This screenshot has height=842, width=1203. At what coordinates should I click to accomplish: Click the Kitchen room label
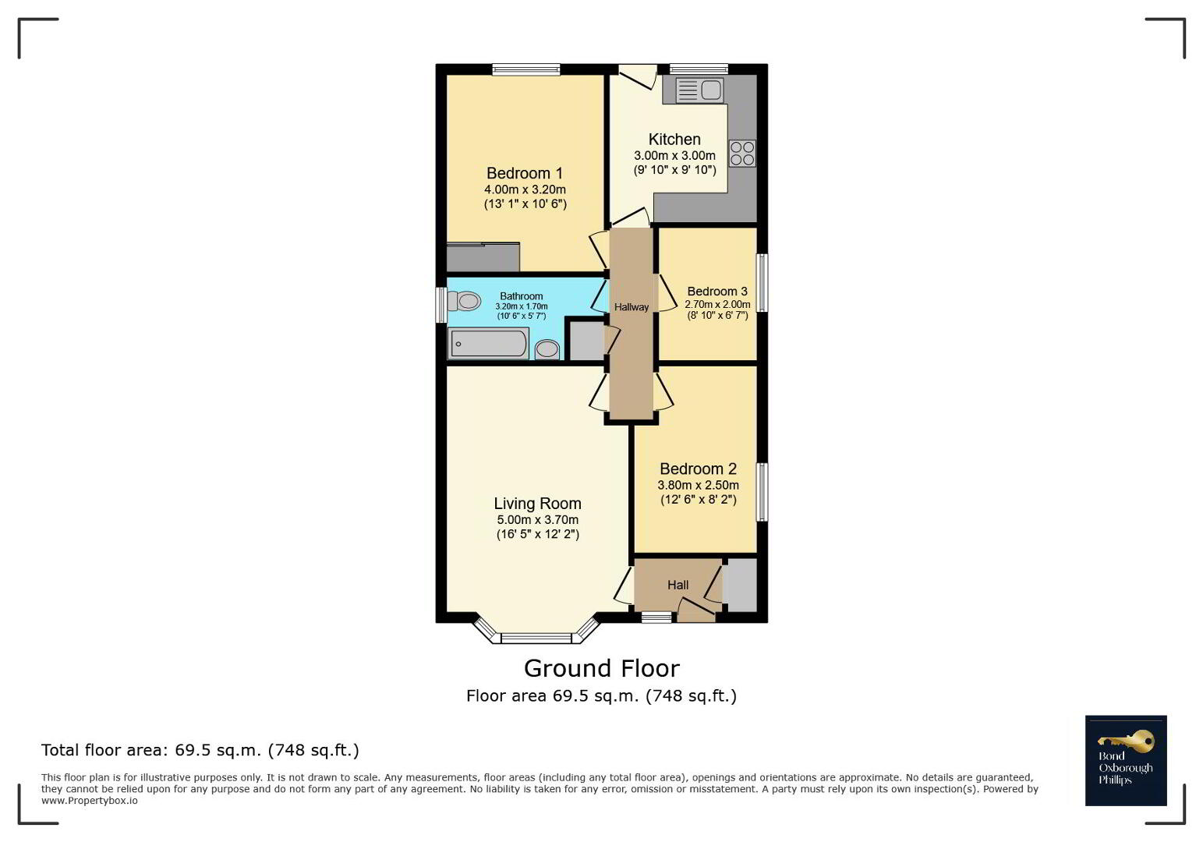(674, 139)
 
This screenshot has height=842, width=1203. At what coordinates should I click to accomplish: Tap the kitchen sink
(699, 90)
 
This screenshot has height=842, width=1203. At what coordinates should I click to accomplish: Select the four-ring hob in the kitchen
(742, 153)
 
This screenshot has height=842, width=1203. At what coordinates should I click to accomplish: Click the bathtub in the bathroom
(488, 343)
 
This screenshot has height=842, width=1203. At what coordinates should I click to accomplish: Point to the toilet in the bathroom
(464, 301)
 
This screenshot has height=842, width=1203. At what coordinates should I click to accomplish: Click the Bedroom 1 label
(524, 173)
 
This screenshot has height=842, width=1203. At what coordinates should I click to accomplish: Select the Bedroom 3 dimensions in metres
(717, 305)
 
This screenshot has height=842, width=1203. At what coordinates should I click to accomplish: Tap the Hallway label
(632, 307)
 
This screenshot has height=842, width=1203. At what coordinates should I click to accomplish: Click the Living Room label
(538, 504)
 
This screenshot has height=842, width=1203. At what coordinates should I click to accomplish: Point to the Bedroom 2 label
(698, 469)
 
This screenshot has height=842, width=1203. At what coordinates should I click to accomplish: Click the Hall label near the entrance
(678, 585)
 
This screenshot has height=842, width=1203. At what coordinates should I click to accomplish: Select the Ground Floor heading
(602, 669)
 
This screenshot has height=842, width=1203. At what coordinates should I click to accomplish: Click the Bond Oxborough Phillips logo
(1126, 760)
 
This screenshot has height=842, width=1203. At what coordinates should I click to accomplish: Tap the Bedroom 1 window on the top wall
(526, 69)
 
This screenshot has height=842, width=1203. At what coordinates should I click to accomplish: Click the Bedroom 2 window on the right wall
(762, 492)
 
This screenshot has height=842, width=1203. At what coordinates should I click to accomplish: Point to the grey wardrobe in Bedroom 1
(483, 257)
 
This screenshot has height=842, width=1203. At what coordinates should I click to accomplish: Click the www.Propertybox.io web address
(89, 801)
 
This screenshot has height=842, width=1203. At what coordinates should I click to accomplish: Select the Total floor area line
(200, 750)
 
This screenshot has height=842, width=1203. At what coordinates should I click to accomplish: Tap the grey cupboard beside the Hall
(740, 585)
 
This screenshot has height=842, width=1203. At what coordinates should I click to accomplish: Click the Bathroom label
(521, 296)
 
